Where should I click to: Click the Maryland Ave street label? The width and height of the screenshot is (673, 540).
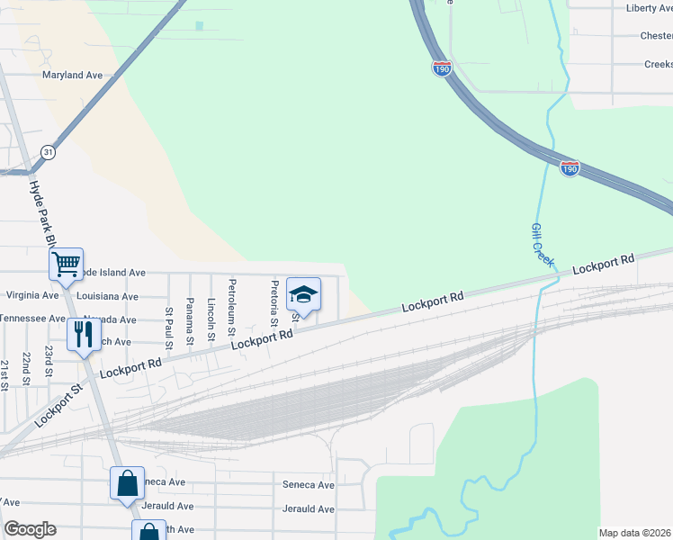[x=73, y=76]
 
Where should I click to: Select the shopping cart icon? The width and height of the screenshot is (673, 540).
[x=66, y=265]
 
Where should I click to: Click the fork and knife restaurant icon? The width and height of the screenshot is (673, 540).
[x=84, y=335]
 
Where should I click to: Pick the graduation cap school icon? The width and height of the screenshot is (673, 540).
[x=303, y=294]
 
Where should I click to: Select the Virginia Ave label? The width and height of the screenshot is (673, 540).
[x=31, y=294]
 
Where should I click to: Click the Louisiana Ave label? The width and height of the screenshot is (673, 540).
[x=107, y=296]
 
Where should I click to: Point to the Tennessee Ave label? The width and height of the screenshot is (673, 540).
[x=31, y=319]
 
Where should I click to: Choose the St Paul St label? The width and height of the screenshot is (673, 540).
[x=169, y=326]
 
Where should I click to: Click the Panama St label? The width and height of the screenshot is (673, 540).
[x=190, y=321]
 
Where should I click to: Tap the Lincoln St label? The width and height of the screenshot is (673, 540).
[x=211, y=319]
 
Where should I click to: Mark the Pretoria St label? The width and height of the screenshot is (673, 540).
[x=274, y=304]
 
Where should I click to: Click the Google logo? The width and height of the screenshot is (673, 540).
[x=30, y=529]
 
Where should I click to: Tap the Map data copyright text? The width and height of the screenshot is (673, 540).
[x=634, y=533]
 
